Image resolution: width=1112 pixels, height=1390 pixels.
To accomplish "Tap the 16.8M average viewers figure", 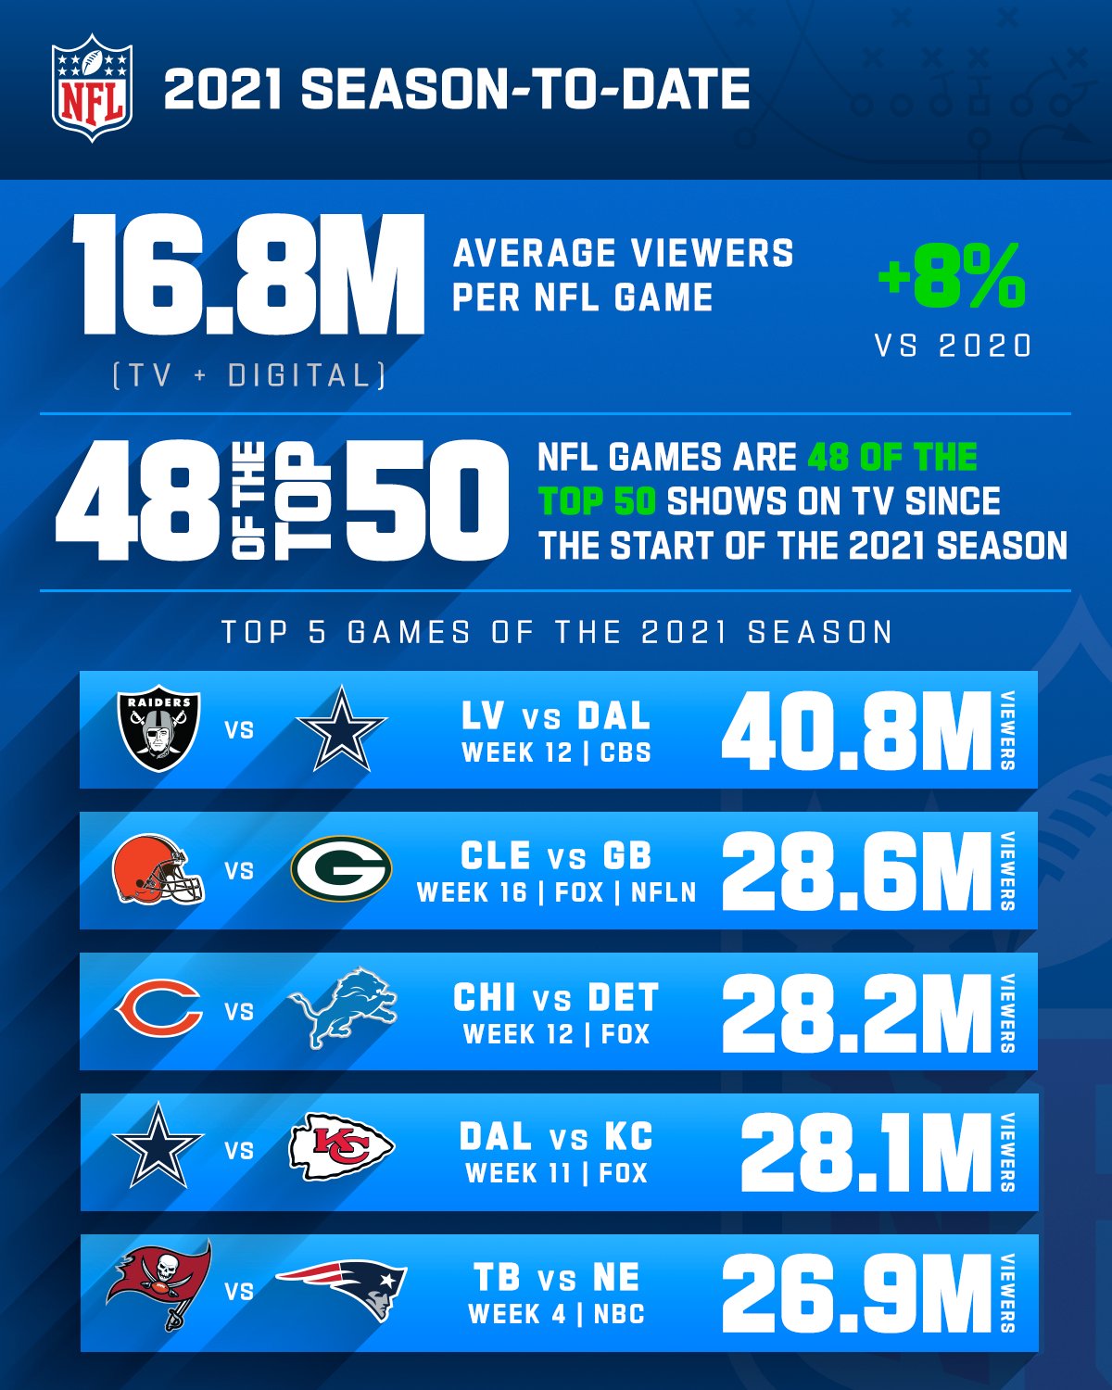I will tap(248, 275).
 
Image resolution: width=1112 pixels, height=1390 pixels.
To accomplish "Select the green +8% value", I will tap(952, 276).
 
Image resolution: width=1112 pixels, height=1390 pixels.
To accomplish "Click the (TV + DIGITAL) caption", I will tap(248, 375).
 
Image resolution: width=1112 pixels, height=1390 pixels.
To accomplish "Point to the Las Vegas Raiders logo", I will tap(158, 728).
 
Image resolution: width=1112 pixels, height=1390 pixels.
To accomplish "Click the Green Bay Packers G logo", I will tap(341, 869).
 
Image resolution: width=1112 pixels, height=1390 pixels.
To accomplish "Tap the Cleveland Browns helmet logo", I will tap(158, 871).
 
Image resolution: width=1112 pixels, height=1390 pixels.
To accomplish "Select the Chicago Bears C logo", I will tap(158, 1010).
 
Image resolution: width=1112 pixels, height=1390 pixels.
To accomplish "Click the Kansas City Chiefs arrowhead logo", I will tap(342, 1149).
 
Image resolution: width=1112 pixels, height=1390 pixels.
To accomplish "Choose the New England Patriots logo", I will tap(343, 1289).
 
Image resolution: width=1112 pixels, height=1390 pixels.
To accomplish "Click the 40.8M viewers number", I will tap(856, 732).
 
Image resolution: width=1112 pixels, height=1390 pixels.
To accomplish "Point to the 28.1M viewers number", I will tap(866, 1153).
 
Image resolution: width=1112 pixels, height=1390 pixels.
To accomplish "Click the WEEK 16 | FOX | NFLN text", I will tap(556, 892).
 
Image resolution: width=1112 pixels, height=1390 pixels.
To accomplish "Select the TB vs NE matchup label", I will tap(556, 1278).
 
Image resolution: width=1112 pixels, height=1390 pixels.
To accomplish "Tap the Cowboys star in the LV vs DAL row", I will tap(341, 729).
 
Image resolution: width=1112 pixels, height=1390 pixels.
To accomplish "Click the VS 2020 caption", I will tap(954, 346).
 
